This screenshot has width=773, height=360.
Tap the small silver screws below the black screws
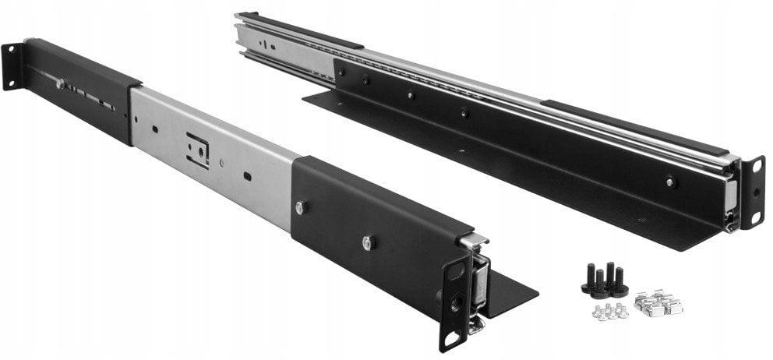[x=609, y=311]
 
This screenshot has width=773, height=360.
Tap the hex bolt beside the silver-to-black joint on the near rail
[x=301, y=206]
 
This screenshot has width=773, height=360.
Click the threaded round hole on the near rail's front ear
[x=455, y=298]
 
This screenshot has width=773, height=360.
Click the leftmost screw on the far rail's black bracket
[x=341, y=71]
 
